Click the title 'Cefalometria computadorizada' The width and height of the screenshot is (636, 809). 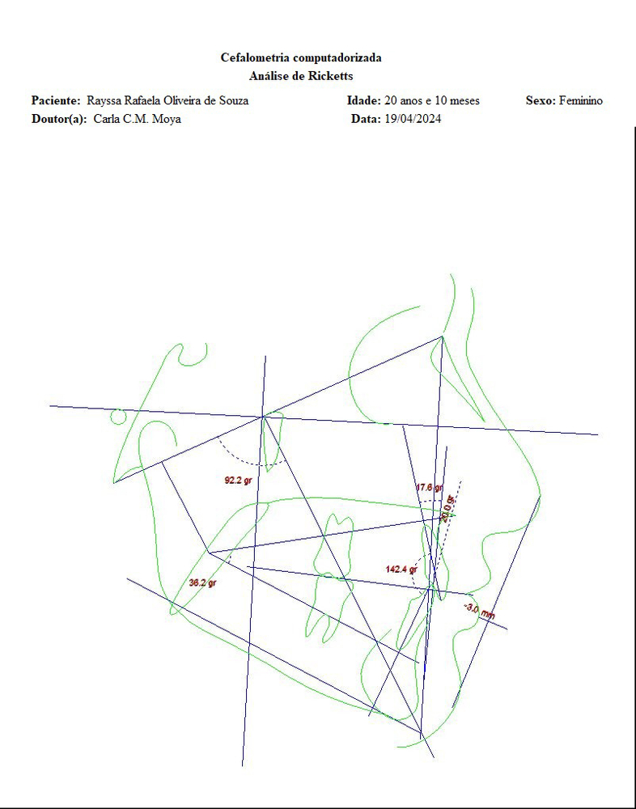click(x=301, y=57)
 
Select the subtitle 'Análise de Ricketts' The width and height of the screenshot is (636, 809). click(x=301, y=76)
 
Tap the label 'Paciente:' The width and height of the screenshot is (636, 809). click(x=57, y=100)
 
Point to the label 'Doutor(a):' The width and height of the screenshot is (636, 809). click(x=59, y=119)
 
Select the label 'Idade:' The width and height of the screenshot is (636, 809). click(x=364, y=100)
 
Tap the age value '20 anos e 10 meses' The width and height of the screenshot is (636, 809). click(x=432, y=100)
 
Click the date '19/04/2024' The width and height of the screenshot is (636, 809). click(x=413, y=119)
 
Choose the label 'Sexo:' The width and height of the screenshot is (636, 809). click(x=541, y=100)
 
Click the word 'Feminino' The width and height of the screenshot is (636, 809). click(x=581, y=100)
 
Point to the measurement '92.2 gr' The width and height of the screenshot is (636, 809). click(x=238, y=481)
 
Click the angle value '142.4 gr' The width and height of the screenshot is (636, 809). click(x=401, y=570)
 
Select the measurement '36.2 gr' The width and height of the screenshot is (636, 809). click(x=202, y=583)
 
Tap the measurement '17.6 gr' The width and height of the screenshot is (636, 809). click(x=430, y=487)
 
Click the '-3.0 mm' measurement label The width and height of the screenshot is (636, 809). click(x=480, y=611)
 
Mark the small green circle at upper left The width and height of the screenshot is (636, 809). click(x=118, y=417)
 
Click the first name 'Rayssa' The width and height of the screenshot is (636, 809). click(x=104, y=100)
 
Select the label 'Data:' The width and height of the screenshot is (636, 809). click(x=366, y=119)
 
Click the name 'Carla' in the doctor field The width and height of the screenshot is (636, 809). click(x=104, y=119)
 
